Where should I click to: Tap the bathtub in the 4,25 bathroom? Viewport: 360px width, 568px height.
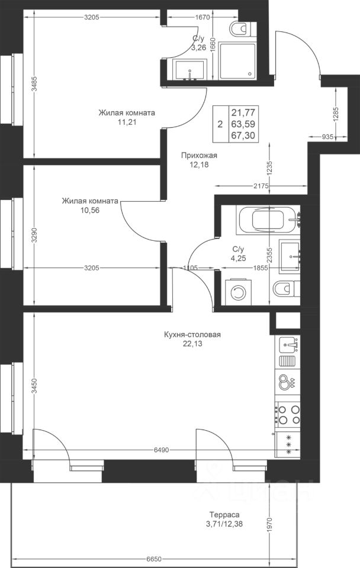[268, 220]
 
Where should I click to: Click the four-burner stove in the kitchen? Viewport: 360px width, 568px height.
[288, 415]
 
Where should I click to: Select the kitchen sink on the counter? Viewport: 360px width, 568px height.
[288, 344]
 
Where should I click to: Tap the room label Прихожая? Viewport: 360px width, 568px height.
[199, 156]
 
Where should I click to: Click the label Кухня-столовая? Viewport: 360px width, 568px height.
[192, 335]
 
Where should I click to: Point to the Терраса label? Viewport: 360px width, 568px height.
[224, 515]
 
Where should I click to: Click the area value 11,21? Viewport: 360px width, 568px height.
[127, 122]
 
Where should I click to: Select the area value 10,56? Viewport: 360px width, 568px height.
[90, 210]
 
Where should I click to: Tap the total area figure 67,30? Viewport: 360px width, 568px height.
[243, 135]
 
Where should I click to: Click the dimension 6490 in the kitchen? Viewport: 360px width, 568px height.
[161, 450]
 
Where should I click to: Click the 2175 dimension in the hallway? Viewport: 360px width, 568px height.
[261, 186]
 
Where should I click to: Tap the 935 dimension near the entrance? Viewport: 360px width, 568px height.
[328, 137]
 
